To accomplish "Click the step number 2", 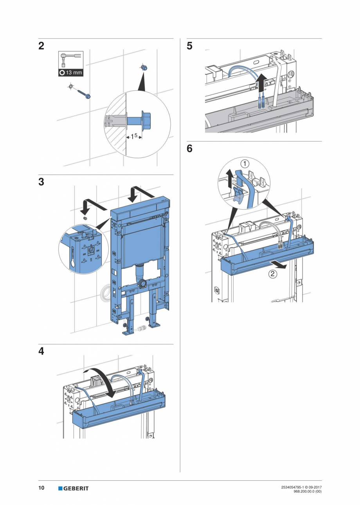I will (x=41, y=46).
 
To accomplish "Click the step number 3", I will (x=41, y=182).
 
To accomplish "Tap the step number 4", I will (x=41, y=352).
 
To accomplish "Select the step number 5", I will (x=190, y=46).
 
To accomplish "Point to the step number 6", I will (x=190, y=149).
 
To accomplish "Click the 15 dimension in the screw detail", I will (x=134, y=136).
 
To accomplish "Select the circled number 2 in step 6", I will (x=272, y=274).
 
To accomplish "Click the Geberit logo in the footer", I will (x=74, y=488).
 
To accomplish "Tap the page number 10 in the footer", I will (x=41, y=488).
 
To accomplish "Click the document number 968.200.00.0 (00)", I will (x=307, y=491).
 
